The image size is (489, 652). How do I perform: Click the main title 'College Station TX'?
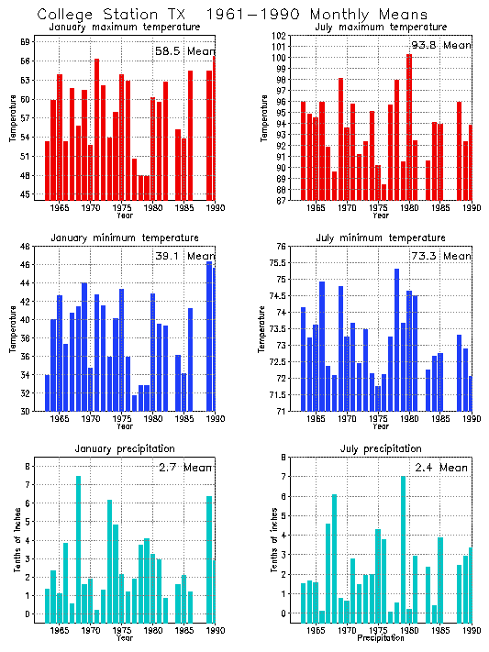110,15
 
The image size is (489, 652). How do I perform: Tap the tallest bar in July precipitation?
403,549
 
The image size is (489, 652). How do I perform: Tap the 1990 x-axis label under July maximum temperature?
472,209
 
